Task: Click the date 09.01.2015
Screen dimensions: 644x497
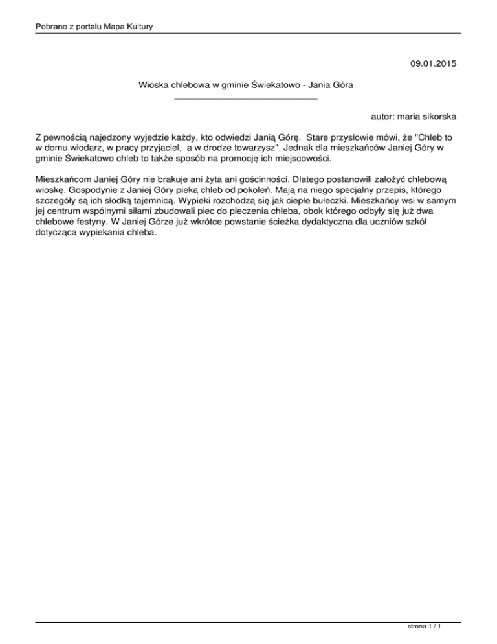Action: pos(433,63)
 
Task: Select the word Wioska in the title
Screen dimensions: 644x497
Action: pos(153,85)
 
